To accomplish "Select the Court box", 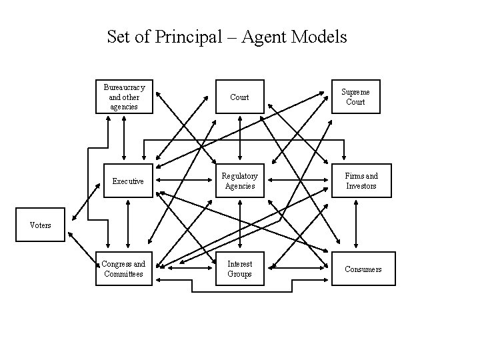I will tap(239, 97).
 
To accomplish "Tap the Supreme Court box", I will tap(355, 97).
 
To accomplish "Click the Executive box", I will tap(128, 181).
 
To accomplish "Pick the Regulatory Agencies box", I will tap(239, 181).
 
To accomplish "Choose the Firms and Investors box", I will tap(361, 181).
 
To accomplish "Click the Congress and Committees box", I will tap(123, 269).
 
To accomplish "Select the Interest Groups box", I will tap(239, 269).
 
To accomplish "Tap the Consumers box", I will tap(363, 269).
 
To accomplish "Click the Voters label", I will tap(41, 225).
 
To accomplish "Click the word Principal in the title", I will tap(184, 37).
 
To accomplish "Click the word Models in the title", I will tap(321, 37).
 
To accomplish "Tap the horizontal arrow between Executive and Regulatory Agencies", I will tap(186, 181).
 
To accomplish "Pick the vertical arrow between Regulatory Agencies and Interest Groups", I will tap(248, 225).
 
